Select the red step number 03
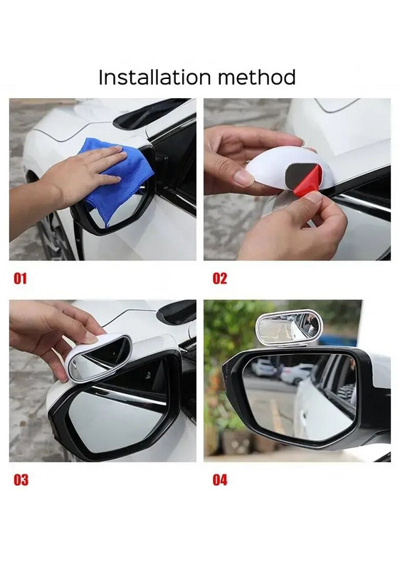tap(21, 480)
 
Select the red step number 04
tap(220, 480)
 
